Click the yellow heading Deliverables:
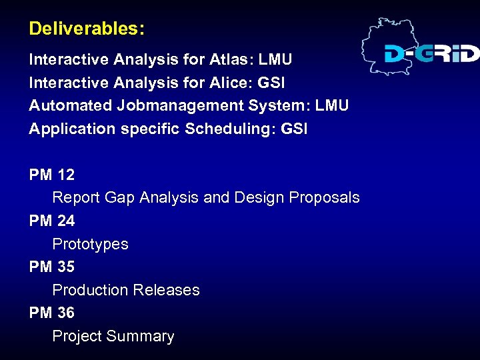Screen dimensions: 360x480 [x=87, y=29]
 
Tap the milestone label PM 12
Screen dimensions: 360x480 [x=52, y=175]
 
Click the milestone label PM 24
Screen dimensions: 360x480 [x=52, y=221]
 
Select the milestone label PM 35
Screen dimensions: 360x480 [x=52, y=267]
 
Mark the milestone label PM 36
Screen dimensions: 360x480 [x=52, y=313]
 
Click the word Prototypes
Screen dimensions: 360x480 [x=90, y=244]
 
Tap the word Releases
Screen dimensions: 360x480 [x=166, y=290]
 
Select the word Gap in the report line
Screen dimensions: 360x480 [x=119, y=198]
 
